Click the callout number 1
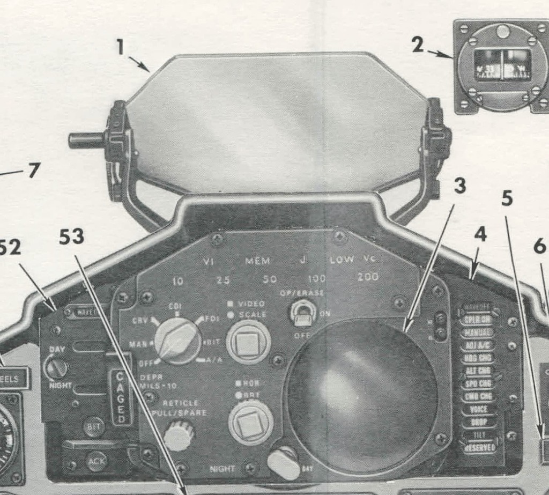pyautogui.click(x=121, y=48)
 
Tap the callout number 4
pyautogui.click(x=480, y=234)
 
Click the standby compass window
pyautogui.click(x=502, y=65)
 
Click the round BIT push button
pyautogui.click(x=94, y=427)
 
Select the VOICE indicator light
pyautogui.click(x=478, y=409)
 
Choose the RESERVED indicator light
pyautogui.click(x=478, y=446)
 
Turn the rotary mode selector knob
pyautogui.click(x=178, y=341)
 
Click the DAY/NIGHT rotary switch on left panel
pyautogui.click(x=57, y=368)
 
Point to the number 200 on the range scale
pyautogui.click(x=367, y=277)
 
